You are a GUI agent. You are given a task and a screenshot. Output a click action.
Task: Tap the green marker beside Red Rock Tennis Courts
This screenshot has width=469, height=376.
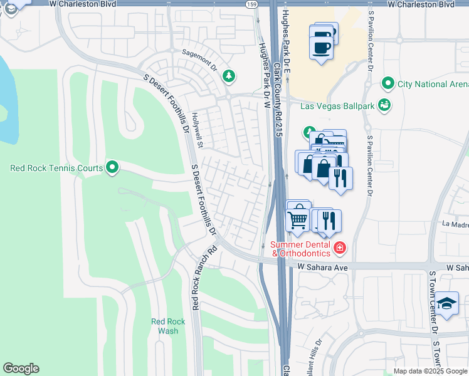112,167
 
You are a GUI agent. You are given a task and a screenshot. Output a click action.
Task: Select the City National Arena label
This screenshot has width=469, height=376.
433,84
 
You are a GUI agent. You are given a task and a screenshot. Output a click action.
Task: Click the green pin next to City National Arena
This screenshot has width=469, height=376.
387,83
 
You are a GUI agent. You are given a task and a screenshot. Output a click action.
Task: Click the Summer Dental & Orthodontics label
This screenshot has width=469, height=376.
300,249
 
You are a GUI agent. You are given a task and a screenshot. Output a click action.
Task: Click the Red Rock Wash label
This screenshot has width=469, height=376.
168,326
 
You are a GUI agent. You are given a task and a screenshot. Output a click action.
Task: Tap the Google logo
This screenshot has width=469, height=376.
21,368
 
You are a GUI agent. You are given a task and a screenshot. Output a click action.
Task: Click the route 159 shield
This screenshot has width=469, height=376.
251,4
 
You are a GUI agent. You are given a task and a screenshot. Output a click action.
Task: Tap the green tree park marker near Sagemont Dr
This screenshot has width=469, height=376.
229,76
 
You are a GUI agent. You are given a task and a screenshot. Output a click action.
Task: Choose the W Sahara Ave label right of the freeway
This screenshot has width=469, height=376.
322,267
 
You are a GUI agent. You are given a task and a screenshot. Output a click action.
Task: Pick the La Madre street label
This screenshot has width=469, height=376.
455,224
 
